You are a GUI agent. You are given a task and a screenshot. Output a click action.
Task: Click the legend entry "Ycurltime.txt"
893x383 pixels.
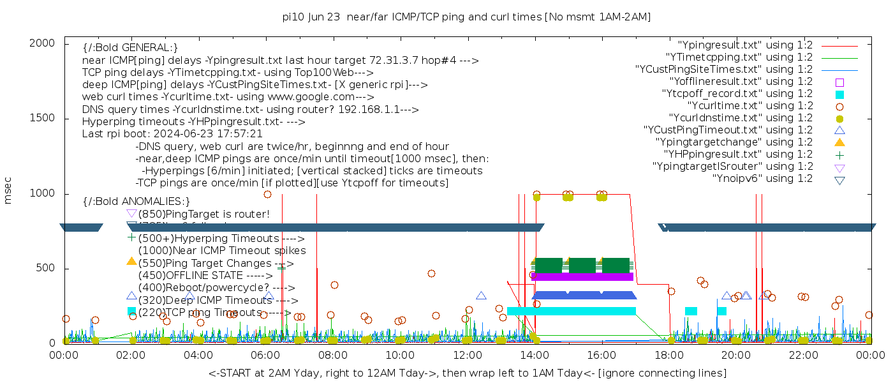tap(749, 106)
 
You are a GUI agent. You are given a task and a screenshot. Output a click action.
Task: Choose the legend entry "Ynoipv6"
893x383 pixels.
tap(762, 179)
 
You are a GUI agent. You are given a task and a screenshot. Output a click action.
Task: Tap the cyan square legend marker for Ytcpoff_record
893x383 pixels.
tap(839, 94)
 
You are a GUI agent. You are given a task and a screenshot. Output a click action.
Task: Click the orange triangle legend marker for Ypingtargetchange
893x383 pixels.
tap(839, 142)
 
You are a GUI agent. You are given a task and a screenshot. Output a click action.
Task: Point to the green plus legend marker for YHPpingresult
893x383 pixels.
tap(839, 154)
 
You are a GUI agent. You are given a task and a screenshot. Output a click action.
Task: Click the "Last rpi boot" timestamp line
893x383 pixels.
tap(172, 134)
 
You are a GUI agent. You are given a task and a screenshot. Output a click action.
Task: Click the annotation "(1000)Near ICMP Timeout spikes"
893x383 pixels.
tap(221, 251)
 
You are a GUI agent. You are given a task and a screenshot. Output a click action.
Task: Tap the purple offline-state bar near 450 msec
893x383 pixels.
tap(582, 276)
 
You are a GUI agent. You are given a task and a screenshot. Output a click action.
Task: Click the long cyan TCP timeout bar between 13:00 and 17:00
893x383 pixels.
tap(572, 311)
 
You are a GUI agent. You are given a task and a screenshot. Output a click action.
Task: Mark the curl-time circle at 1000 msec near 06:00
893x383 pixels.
tap(267, 194)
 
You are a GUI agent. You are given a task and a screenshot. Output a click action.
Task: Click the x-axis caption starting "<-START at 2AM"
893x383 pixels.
tap(467, 373)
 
